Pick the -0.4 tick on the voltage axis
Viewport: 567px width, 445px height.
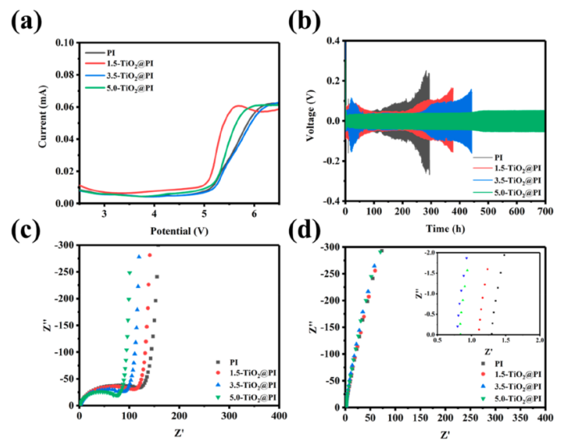(329, 201)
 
